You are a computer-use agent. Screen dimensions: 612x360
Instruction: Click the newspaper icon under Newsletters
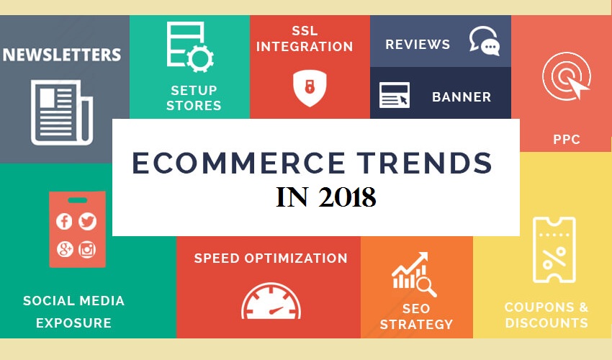click(62, 112)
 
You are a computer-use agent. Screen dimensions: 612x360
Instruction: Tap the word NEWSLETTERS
click(62, 55)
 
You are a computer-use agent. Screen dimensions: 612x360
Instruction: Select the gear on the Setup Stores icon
click(200, 58)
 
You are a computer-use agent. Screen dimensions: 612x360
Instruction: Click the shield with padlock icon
click(310, 89)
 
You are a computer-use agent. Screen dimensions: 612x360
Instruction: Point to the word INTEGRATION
click(305, 47)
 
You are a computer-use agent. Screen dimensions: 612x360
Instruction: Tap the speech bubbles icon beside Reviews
click(485, 41)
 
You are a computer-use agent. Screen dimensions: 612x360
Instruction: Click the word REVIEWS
click(418, 45)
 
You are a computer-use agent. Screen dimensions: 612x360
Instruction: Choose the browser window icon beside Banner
click(395, 95)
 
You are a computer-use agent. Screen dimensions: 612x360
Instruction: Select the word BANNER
click(462, 96)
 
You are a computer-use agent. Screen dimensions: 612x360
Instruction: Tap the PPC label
click(567, 140)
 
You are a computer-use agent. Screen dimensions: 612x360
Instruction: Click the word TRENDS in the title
click(424, 163)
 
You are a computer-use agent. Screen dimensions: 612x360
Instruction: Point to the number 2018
click(347, 197)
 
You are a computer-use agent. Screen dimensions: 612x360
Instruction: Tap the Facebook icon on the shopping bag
click(64, 221)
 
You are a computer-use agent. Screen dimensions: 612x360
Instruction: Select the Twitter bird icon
click(87, 221)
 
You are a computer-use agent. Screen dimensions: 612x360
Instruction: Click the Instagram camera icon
click(87, 250)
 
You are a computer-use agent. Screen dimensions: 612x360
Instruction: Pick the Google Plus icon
click(64, 250)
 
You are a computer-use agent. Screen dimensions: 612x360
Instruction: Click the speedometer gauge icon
click(271, 301)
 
